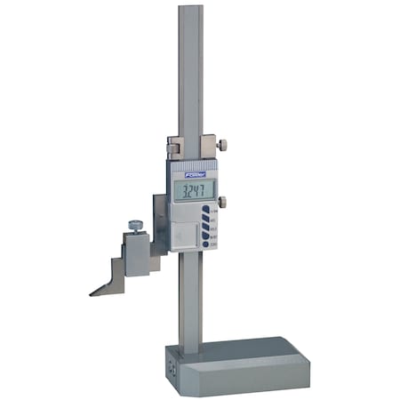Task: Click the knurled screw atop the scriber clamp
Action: coord(135,226)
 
